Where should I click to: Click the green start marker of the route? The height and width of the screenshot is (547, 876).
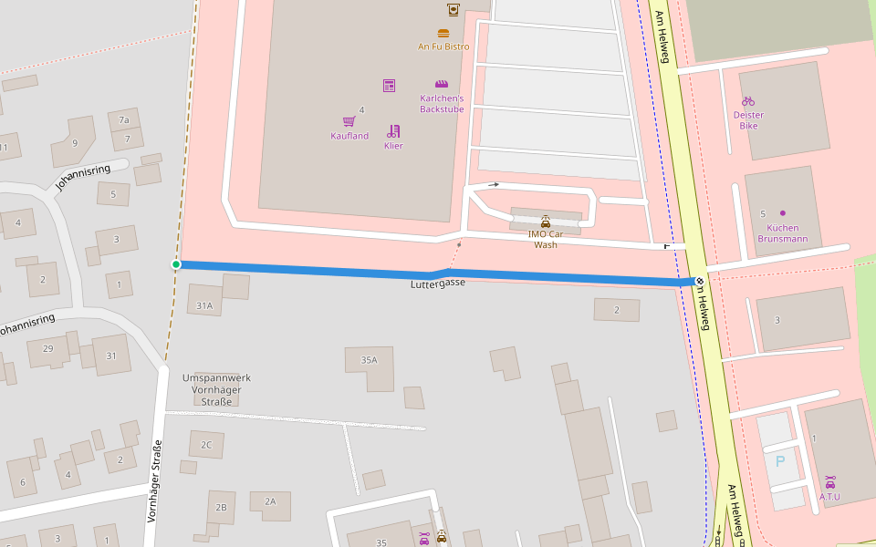click(x=176, y=264)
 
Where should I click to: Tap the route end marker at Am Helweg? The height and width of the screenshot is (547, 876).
click(x=699, y=282)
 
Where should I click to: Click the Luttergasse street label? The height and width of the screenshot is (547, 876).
click(x=438, y=284)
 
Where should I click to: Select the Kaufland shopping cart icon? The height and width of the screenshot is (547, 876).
click(x=349, y=121)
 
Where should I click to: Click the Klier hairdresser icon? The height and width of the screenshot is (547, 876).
click(x=393, y=131)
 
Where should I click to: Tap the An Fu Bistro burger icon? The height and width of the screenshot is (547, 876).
click(x=443, y=34)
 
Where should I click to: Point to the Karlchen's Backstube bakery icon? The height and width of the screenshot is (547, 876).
click(x=442, y=84)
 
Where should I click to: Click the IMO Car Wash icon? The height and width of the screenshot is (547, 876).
click(x=546, y=222)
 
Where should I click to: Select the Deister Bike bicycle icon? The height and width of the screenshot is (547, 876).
click(x=748, y=101)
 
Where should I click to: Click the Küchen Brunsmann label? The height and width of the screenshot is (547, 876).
click(x=782, y=232)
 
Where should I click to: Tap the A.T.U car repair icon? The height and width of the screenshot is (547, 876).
click(x=829, y=482)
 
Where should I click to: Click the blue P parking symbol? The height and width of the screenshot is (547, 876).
click(x=779, y=461)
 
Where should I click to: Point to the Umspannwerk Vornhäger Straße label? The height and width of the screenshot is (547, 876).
click(x=216, y=389)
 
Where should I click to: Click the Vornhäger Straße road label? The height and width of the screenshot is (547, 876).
click(x=154, y=480)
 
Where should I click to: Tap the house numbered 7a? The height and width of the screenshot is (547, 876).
click(x=124, y=119)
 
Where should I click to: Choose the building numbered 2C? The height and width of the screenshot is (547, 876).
click(x=206, y=445)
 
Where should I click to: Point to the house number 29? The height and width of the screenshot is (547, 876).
click(x=47, y=349)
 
